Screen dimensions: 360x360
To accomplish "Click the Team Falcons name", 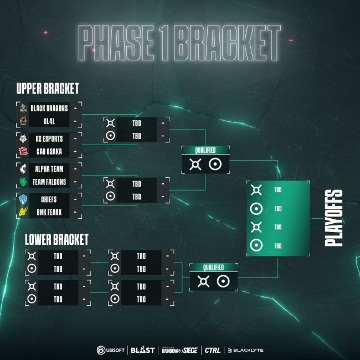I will [x=50, y=181].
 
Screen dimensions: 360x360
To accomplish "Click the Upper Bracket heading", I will [x=48, y=89].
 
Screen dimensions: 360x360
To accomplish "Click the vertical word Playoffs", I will [x=333, y=218].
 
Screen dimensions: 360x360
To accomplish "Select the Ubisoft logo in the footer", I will [x=111, y=350].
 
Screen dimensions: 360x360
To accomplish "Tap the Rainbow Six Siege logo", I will [x=179, y=350].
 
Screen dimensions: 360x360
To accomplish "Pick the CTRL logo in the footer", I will [x=212, y=350].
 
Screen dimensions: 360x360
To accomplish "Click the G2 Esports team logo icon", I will [x=23, y=138].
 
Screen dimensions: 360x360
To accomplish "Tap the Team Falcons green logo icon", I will [x=23, y=181].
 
